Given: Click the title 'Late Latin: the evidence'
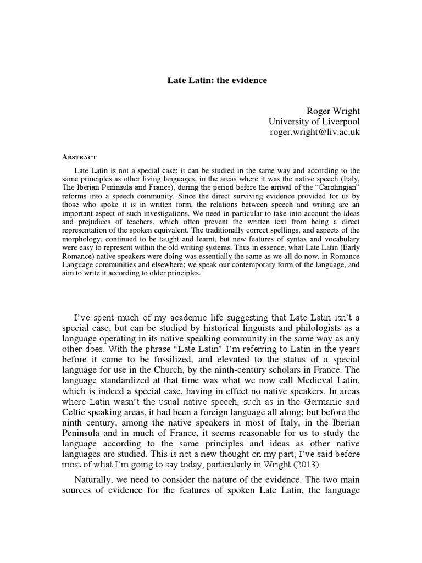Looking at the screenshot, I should pos(217,80).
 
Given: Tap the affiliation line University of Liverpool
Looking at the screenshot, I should pos(314,122).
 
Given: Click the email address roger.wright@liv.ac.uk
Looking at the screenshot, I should pos(314,133).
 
